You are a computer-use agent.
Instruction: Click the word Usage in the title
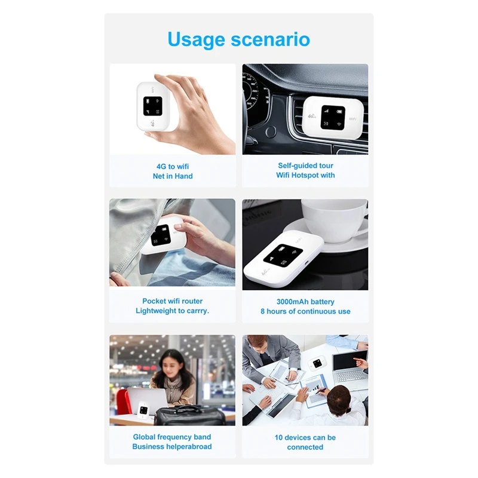(197, 40)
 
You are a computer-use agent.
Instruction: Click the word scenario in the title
(271, 39)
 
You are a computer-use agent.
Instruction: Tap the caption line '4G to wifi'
(173, 167)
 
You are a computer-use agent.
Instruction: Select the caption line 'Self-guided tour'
(305, 166)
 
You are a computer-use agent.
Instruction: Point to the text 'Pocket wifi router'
(173, 301)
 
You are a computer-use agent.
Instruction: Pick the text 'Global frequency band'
(172, 437)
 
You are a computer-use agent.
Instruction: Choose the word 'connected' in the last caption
(305, 447)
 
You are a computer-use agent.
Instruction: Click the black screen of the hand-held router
(153, 106)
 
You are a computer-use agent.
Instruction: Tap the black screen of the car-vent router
(333, 117)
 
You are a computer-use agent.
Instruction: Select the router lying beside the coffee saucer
(283, 259)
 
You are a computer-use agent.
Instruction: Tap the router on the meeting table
(317, 363)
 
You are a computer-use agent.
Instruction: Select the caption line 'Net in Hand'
(173, 176)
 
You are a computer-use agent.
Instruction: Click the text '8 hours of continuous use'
(305, 311)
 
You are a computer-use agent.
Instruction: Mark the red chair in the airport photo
(123, 402)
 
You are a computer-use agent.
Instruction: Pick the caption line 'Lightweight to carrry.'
(172, 311)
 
